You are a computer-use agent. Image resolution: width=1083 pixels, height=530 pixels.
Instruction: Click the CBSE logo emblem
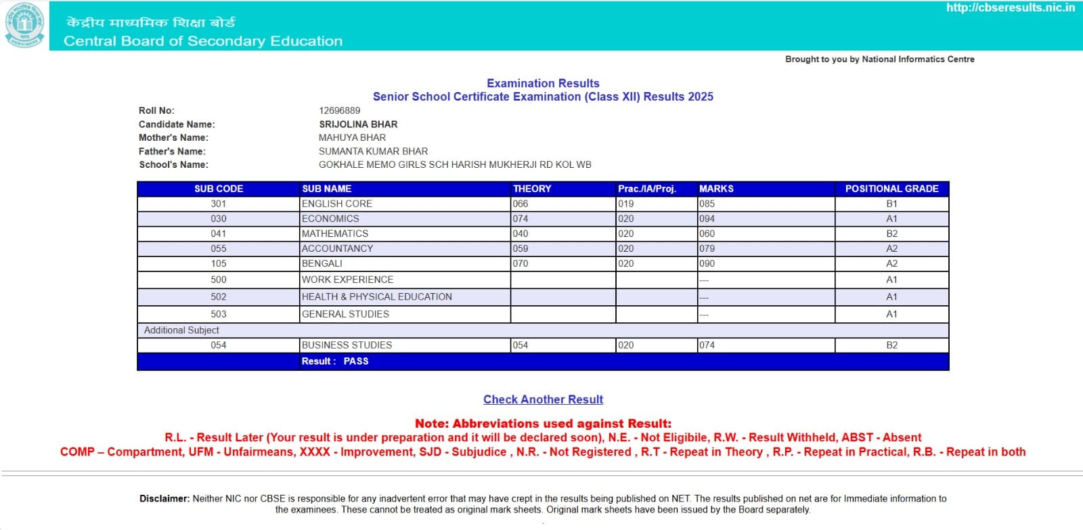(25, 25)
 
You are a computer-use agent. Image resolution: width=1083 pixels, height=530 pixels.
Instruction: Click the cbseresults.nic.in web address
(1010, 8)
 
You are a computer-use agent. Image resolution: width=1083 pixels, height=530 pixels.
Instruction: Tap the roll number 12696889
(340, 110)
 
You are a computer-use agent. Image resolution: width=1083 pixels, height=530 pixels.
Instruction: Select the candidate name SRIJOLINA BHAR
(358, 125)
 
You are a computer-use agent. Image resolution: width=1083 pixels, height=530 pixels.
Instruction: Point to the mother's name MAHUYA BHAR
(352, 137)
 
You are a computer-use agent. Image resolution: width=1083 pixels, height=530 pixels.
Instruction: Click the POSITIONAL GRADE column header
(891, 189)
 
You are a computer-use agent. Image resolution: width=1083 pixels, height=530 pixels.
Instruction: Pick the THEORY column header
(532, 189)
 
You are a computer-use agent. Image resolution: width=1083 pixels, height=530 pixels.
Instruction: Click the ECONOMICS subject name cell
(330, 219)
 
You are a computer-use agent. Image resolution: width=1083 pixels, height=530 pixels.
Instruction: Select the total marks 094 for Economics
(707, 219)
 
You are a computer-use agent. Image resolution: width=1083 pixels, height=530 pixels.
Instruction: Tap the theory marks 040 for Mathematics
(521, 234)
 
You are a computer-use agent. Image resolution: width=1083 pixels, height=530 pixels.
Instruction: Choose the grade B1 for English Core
(891, 204)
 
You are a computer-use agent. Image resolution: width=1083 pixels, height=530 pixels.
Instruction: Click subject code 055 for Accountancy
(218, 248)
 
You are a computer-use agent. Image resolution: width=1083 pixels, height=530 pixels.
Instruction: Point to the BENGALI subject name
(322, 263)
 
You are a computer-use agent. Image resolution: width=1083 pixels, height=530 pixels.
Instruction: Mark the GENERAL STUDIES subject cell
(345, 314)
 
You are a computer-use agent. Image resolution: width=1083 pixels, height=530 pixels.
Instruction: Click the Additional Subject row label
(181, 330)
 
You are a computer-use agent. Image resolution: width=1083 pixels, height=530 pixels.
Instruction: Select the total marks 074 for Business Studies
(707, 345)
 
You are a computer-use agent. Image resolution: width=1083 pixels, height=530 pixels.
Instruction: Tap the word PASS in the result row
(356, 361)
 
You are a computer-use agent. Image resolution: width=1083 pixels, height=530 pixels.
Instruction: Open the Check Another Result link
(543, 399)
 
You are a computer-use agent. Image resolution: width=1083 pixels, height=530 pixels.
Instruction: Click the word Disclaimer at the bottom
(164, 499)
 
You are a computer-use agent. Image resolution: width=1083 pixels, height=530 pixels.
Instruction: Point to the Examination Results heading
(543, 83)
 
